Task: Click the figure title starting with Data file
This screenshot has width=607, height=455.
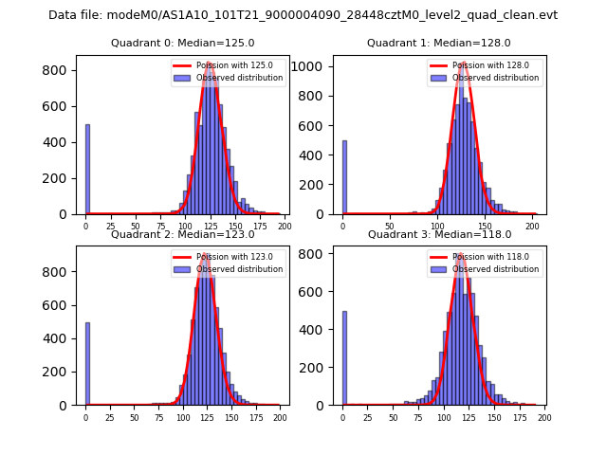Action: point(303,15)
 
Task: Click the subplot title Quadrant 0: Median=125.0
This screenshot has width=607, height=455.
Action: point(182,43)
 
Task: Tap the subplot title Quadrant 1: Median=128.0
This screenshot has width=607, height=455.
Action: point(438,43)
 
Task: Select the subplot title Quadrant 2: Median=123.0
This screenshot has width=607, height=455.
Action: point(182,234)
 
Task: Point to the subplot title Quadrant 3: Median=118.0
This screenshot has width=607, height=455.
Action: point(438,234)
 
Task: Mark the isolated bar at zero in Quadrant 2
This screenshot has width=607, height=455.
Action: point(87,364)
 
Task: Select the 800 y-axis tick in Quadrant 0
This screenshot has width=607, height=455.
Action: point(63,70)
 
